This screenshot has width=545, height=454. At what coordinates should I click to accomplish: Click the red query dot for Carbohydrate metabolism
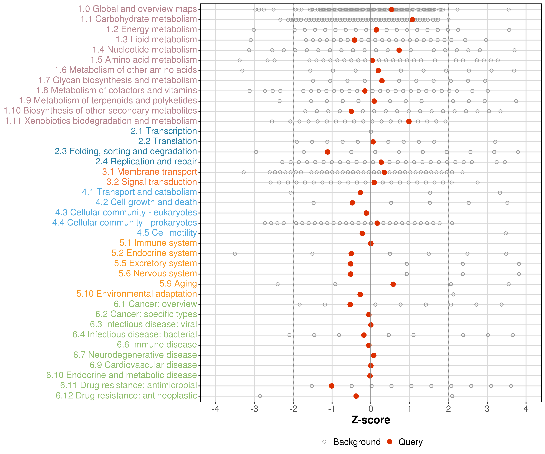[x=412, y=20]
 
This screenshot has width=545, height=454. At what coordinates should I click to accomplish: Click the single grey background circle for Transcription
[x=371, y=132]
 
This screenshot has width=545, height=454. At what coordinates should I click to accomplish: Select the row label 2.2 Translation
[x=167, y=141]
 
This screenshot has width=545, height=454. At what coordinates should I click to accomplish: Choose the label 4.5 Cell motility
[x=167, y=233]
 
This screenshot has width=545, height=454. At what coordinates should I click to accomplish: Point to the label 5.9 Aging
[x=178, y=284]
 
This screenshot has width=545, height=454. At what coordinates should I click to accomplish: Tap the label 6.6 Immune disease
[x=157, y=345]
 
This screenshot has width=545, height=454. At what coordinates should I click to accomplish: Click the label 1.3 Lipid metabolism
[x=156, y=39]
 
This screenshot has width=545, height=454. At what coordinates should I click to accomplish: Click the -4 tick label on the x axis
[x=215, y=409]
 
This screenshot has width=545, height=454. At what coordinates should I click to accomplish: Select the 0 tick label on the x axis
[x=371, y=409]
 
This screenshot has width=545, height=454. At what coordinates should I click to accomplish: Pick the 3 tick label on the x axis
[x=487, y=409]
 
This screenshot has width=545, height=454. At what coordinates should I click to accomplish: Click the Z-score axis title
[x=371, y=420]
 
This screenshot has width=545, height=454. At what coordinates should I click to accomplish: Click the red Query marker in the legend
[x=390, y=442]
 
